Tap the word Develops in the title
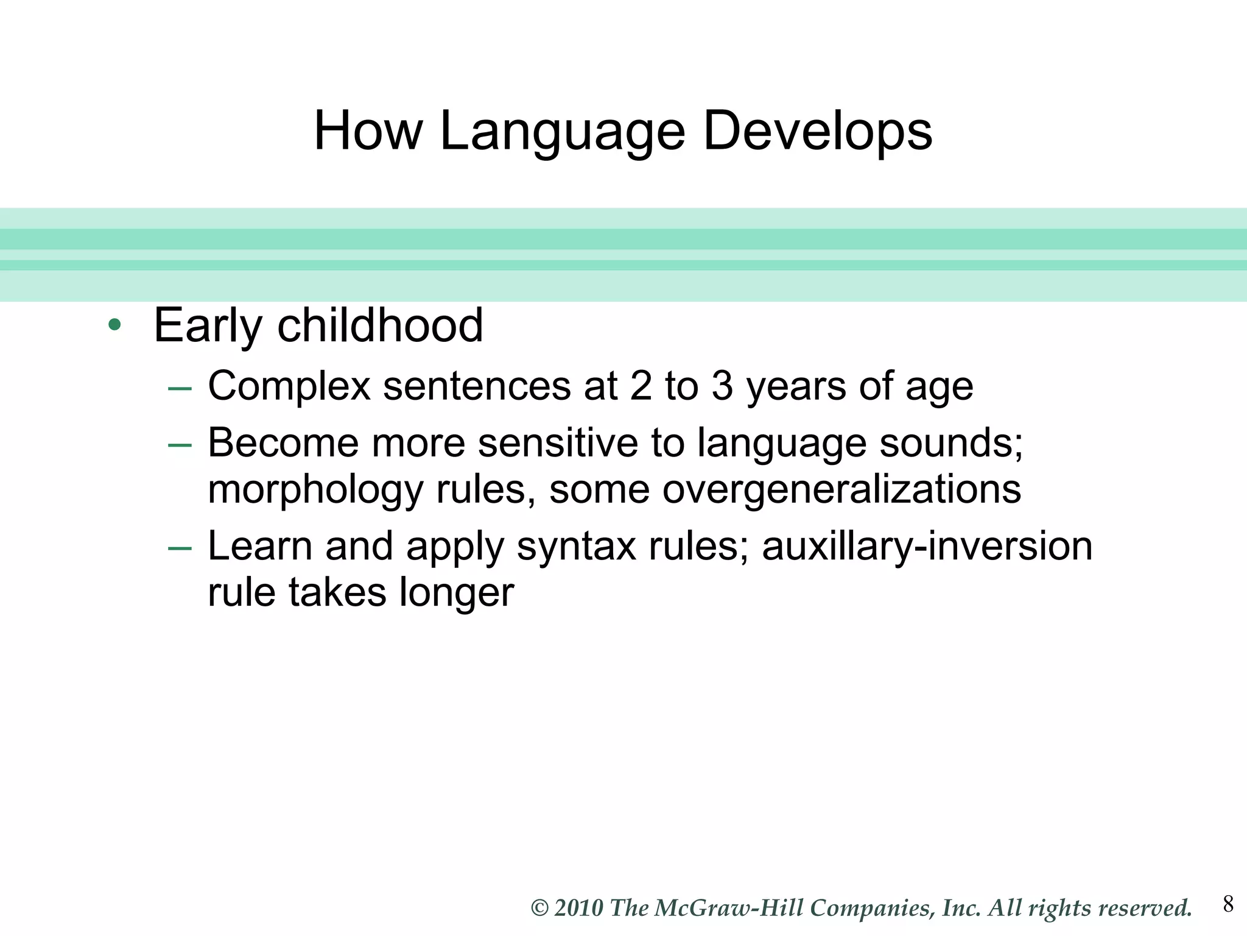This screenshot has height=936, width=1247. pos(817,132)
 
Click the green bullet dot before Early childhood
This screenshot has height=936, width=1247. pos(114,325)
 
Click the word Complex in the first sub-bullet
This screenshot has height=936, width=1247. pos(289,386)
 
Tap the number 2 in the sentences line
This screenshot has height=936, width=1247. pos(641,386)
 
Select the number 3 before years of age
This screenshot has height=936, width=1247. pos(722,386)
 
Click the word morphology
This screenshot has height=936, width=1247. pos(315,489)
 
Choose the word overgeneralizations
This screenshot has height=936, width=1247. pos(841,489)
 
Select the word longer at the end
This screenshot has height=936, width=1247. pos(457,592)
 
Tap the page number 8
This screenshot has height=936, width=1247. pos(1228,904)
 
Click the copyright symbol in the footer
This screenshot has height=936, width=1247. pos(539,909)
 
